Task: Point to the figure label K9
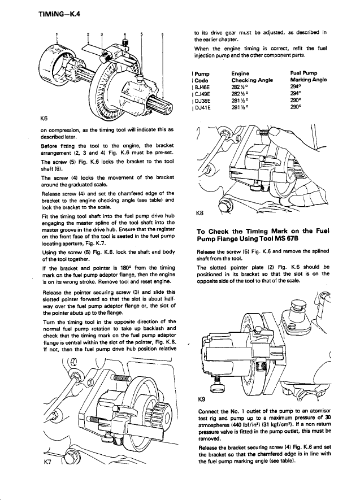click(x=199, y=399)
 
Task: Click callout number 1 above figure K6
click(x=57, y=35)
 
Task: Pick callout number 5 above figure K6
click(x=141, y=35)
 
